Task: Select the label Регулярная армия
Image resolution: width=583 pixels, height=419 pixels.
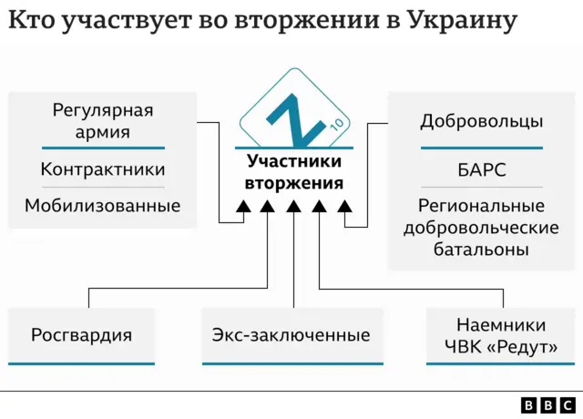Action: click(x=103, y=121)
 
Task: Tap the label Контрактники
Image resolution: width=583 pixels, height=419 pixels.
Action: click(x=103, y=169)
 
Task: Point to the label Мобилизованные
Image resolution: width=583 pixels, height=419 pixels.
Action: click(x=103, y=206)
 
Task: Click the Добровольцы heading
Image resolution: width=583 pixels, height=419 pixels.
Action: click(x=482, y=121)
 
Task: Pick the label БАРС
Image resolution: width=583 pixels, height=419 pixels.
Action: click(x=482, y=169)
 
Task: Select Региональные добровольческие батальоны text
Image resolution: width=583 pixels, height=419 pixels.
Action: click(x=482, y=227)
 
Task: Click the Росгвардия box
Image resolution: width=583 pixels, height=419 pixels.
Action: click(x=81, y=335)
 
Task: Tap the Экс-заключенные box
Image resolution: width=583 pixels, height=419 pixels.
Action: click(x=291, y=335)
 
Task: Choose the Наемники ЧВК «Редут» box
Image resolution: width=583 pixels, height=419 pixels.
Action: click(x=501, y=335)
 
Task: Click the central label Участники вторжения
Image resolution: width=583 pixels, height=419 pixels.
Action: click(x=293, y=172)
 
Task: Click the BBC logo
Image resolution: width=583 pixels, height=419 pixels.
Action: click(x=547, y=404)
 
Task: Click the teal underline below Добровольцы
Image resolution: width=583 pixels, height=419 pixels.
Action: click(x=482, y=147)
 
